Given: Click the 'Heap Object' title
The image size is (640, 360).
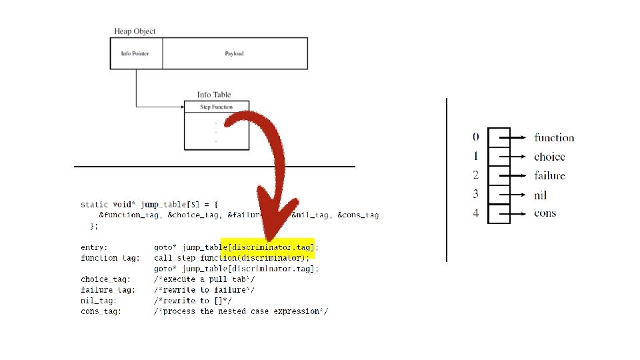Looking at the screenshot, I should coord(135,31).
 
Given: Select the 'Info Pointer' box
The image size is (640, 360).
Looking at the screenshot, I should coord(135,53).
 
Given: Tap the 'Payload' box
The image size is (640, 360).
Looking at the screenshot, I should coord(234,53).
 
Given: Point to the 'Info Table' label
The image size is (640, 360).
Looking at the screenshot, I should coord(214,95).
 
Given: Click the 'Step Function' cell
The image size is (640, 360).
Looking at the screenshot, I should coord(216,107).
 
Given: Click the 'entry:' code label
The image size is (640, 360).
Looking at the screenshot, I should coord(94,247).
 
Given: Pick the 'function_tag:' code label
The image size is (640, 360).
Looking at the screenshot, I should coord(110,257).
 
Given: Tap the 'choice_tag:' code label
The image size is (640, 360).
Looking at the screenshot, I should coord(106,279).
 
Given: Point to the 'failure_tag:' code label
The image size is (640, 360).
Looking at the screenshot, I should coord(108,290).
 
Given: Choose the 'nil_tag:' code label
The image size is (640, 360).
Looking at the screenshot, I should coord(99,301).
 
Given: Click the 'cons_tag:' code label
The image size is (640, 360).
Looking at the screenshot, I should coord(101,311).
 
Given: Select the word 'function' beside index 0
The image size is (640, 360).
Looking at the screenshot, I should coord(554,138).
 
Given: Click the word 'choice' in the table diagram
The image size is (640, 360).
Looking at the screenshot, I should coord(549,157).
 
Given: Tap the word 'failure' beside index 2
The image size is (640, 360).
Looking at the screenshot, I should coord(549,175).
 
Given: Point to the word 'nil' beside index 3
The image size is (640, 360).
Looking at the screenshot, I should coord(541,195).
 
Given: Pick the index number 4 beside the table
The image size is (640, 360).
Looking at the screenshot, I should coord(476,214).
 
